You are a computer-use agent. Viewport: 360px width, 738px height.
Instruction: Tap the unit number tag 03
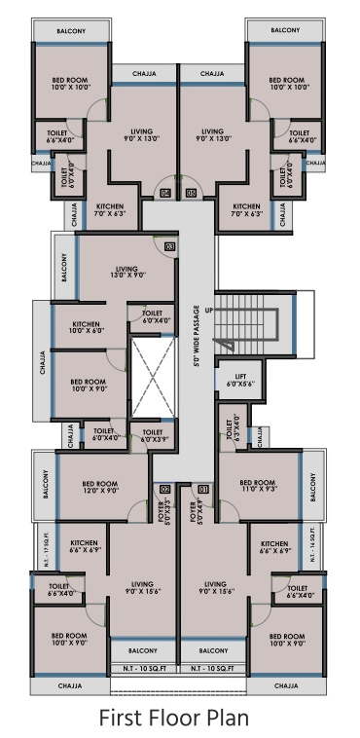[x=169, y=247]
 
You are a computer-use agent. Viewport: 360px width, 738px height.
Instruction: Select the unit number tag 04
[x=164, y=194]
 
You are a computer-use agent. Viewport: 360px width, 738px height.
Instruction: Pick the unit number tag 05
[x=191, y=194]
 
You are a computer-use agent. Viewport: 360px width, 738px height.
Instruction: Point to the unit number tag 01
[x=203, y=489]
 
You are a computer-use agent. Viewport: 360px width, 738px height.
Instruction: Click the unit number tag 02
[x=164, y=489]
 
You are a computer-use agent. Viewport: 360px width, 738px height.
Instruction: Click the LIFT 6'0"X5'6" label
[x=238, y=380]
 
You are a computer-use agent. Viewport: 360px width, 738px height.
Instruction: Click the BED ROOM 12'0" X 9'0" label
[x=100, y=487]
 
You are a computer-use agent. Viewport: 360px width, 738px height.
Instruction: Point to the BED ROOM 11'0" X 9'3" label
[x=259, y=485]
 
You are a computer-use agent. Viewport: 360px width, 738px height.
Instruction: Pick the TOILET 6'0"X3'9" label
[x=153, y=435]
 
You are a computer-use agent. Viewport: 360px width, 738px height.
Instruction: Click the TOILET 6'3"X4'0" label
[x=232, y=429]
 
